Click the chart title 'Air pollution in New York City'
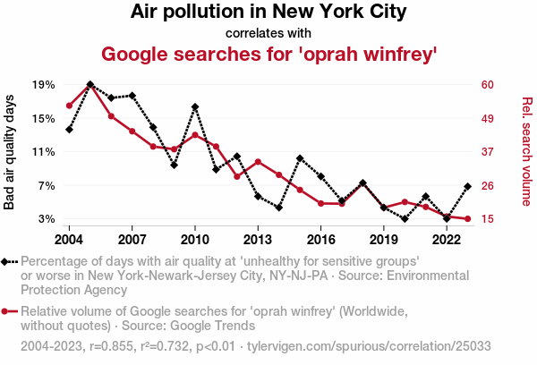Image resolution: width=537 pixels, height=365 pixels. click(x=268, y=13)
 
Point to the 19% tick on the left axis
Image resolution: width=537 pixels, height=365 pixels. click(x=44, y=85)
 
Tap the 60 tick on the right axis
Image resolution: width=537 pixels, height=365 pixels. click(x=487, y=85)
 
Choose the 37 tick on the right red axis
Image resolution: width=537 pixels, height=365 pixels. click(x=487, y=152)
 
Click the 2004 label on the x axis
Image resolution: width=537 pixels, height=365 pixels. click(x=69, y=240)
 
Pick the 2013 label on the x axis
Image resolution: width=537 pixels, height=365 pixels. click(x=258, y=240)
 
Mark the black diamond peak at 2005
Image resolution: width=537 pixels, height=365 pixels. click(x=90, y=84)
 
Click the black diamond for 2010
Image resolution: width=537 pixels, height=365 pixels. click(x=195, y=107)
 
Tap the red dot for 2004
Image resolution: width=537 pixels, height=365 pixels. click(x=69, y=106)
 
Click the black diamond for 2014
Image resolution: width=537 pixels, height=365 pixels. click(x=279, y=208)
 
